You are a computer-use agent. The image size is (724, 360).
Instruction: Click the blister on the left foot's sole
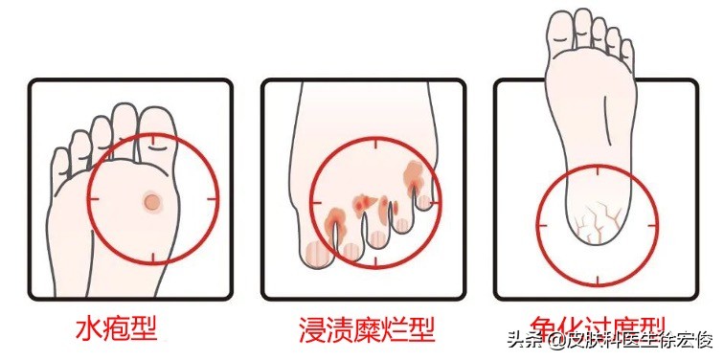point(151,201)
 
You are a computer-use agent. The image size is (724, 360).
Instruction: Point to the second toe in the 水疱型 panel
point(123,123)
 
